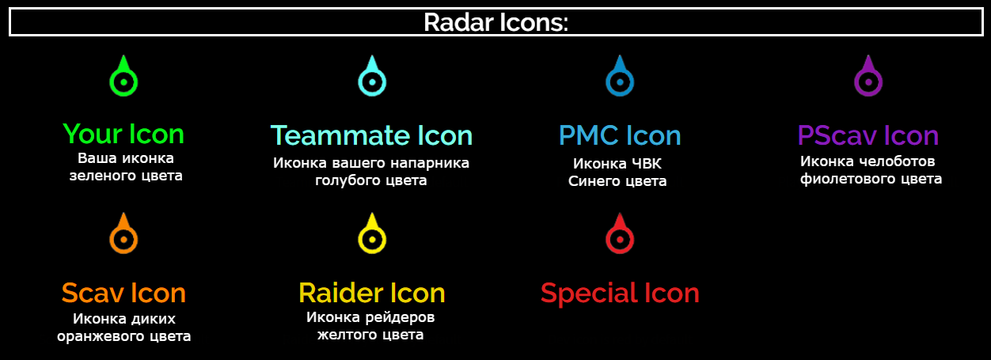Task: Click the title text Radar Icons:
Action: tap(496, 22)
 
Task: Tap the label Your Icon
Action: tap(123, 134)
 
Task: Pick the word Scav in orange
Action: tap(93, 293)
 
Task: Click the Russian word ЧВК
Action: tap(647, 164)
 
